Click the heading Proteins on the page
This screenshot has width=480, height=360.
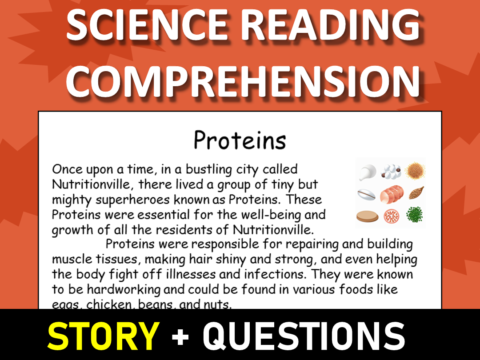(240, 140)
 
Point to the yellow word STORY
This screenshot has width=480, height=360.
(103, 335)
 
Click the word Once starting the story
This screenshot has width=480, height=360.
(67, 169)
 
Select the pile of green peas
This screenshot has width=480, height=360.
(415, 215)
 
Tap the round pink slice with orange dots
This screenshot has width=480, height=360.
(392, 216)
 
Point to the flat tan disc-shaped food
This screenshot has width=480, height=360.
(368, 216)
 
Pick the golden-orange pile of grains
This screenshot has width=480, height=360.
(415, 170)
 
